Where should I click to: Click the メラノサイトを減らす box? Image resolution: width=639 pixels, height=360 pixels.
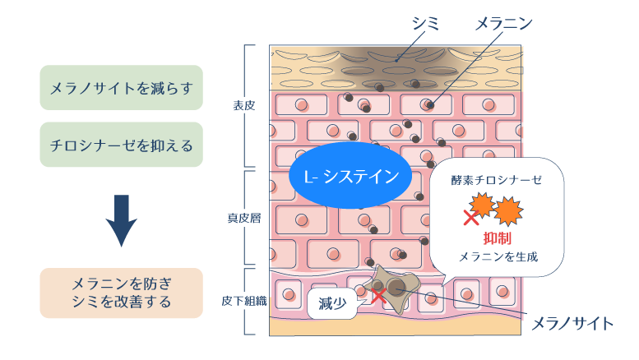tap(121, 87)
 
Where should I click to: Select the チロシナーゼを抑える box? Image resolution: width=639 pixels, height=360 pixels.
tap(121, 145)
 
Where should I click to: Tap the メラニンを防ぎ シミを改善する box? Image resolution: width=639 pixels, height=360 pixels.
tap(121, 293)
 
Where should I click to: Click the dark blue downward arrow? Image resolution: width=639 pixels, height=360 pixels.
tap(122, 220)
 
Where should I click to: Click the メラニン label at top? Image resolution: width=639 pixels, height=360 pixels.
tap(503, 25)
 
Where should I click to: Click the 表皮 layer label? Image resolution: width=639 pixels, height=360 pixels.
tap(244, 105)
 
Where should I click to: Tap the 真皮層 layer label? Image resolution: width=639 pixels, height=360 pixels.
tap(244, 219)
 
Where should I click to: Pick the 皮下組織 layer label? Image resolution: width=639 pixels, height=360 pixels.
tap(244, 300)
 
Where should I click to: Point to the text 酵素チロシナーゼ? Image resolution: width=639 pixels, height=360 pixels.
tap(497, 179)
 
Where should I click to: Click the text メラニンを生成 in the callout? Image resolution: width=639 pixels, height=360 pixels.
tap(498, 256)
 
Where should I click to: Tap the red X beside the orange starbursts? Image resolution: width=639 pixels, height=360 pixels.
tap(471, 218)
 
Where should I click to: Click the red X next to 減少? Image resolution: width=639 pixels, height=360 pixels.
tap(377, 295)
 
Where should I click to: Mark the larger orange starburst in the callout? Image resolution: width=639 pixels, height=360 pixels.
tap(507, 210)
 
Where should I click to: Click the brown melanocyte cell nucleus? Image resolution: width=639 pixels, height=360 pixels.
tap(396, 288)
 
